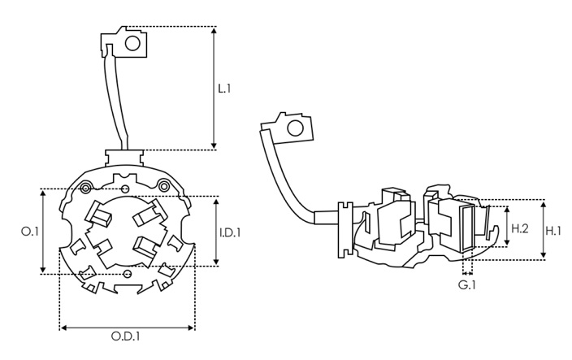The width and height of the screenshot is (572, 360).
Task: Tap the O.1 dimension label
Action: (29, 232)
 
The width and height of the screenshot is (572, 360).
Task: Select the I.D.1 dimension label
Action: (230, 232)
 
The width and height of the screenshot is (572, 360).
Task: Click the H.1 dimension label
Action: (554, 231)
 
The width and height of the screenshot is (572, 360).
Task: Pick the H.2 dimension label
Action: (520, 229)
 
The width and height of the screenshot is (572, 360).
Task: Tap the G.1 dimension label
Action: (466, 285)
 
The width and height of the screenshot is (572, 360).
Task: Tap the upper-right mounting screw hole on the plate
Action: (165, 187)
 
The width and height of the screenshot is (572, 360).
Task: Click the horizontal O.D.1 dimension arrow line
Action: (127, 327)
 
